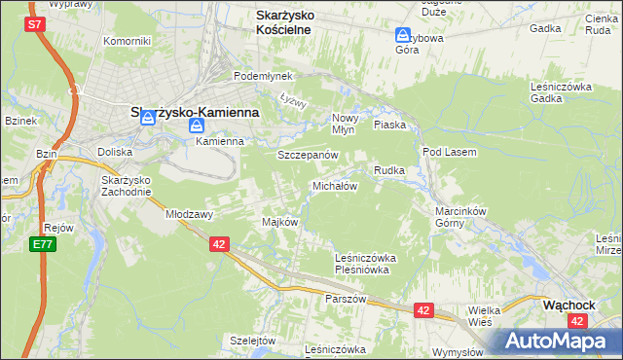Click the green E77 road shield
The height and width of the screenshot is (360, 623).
tap(42, 243)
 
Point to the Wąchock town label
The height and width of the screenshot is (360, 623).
tap(568, 305)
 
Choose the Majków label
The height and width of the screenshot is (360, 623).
tap(278, 222)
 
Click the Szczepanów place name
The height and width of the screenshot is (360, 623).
tap(307, 155)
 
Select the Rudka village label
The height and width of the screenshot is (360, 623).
tap(388, 170)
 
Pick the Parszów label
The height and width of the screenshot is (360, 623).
tap(347, 299)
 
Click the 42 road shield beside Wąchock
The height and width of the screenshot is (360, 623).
tap(578, 321)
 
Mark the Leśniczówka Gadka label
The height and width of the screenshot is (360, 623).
tap(562, 91)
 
